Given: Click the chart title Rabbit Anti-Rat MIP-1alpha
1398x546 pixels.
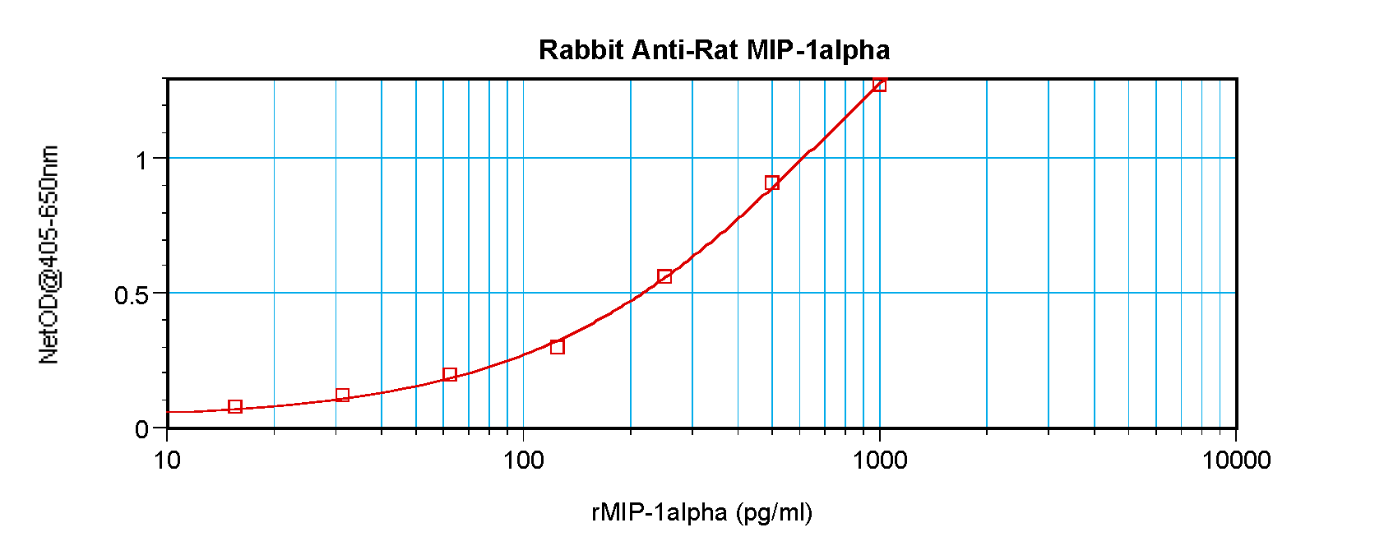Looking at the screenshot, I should coord(714,50).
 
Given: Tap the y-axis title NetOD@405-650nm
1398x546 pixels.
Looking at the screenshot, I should coord(49,255).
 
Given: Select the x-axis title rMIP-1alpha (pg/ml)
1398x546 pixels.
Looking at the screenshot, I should coord(701,512).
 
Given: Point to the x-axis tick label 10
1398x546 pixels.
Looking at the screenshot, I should coord(167,460).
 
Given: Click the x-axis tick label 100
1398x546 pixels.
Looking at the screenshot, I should coord(523,460).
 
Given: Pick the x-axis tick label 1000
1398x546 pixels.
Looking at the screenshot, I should coord(880,460).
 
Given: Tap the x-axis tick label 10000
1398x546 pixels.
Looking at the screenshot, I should coord(1236,460).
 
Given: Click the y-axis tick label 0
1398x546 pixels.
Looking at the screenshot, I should coord(142,429).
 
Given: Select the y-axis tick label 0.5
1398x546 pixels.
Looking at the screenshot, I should coord(132,294).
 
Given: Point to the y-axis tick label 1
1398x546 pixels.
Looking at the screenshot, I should coord(142,160).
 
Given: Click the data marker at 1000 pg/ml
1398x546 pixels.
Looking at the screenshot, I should coord(879,85).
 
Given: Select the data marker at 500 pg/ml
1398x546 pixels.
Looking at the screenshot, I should coord(771,183).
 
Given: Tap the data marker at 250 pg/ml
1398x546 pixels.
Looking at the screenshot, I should coord(664,276).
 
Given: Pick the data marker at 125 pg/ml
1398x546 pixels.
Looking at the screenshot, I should coord(558,347).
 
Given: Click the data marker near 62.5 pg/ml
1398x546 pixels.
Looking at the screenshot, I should coord(450,375).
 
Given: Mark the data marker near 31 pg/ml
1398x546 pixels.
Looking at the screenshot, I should coord(343,396).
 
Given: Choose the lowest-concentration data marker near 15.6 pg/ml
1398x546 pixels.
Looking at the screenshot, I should coord(235,406).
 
